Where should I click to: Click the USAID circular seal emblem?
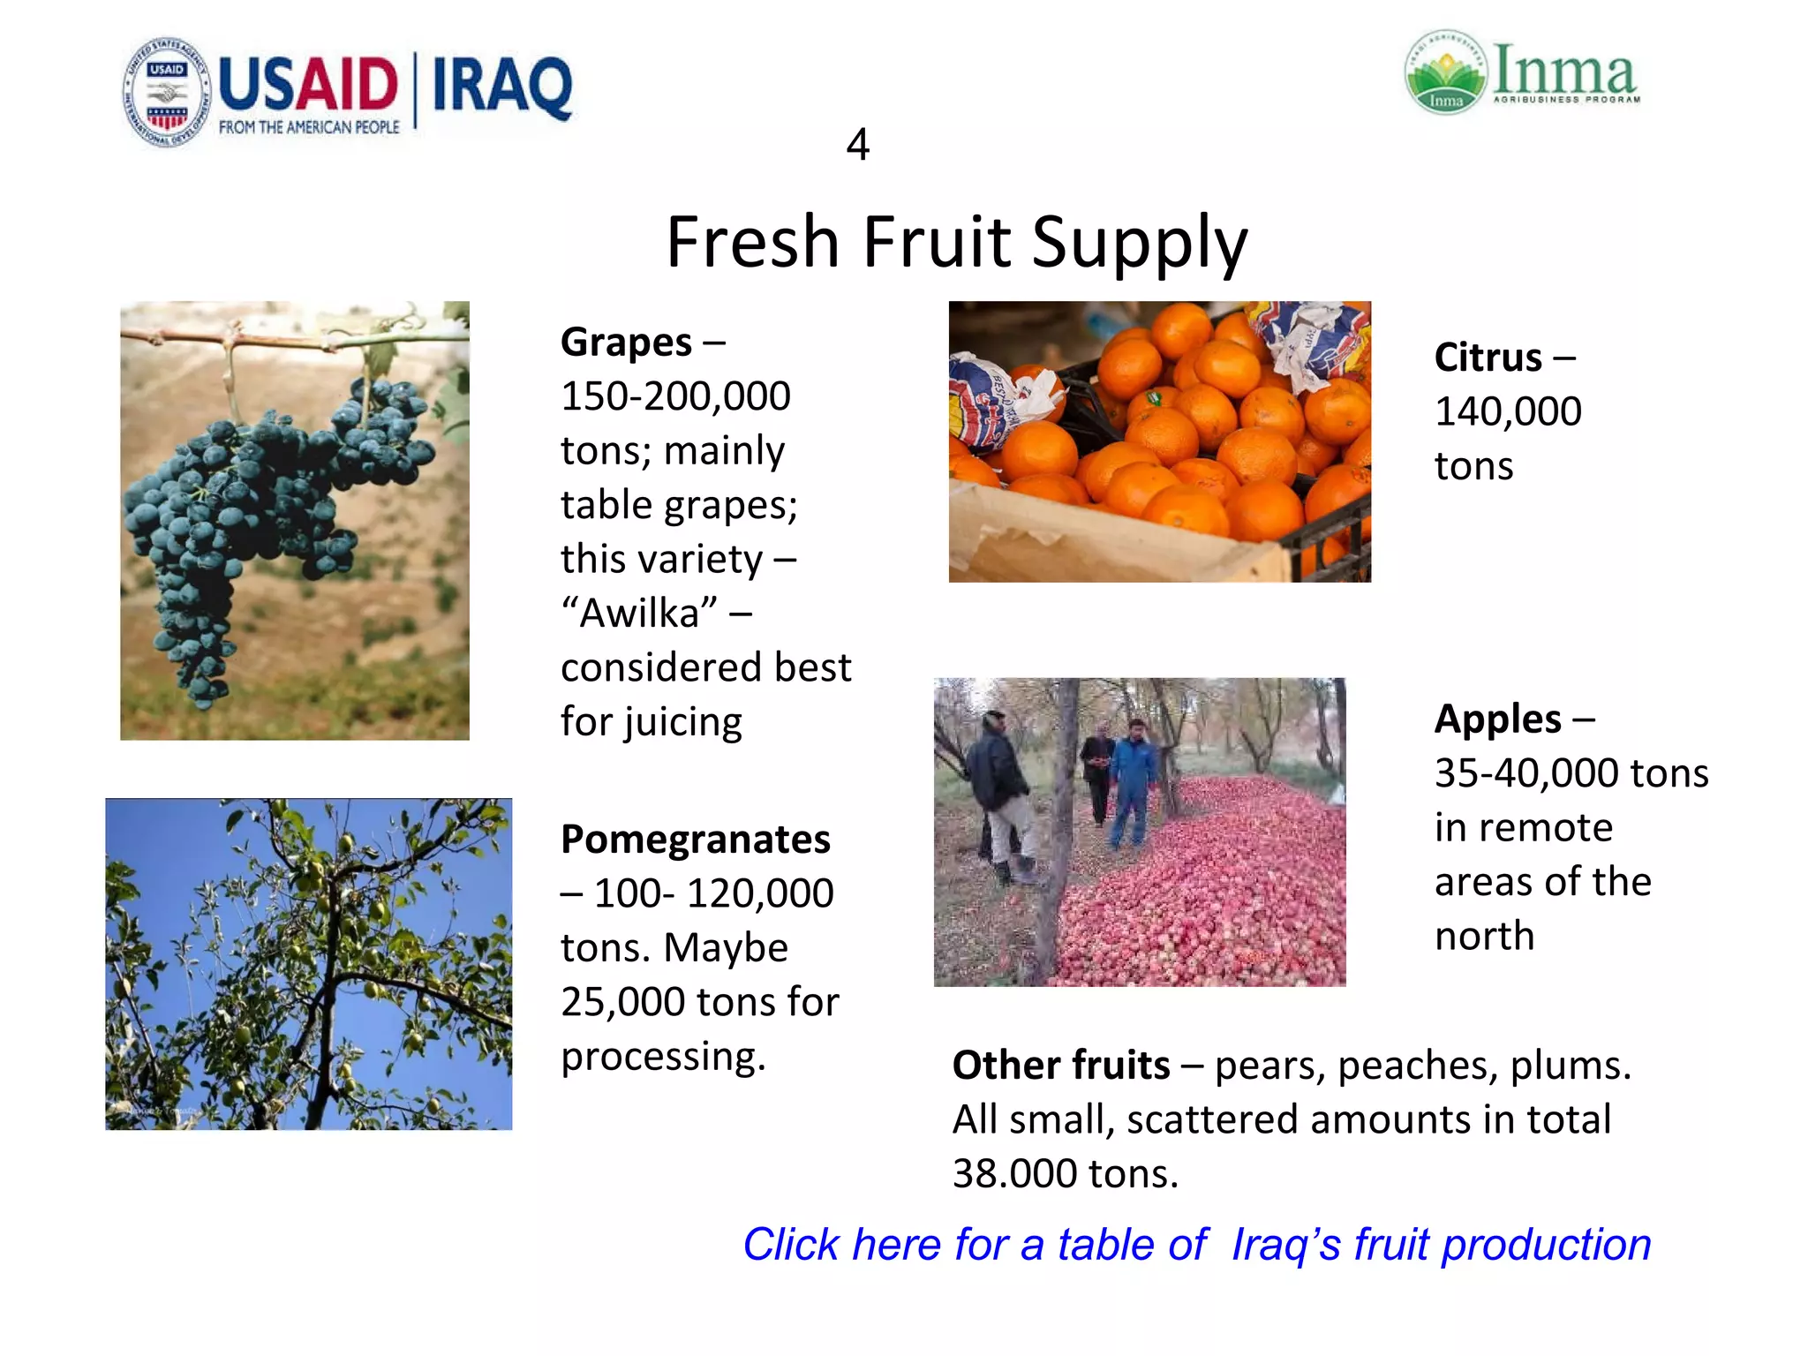(x=167, y=92)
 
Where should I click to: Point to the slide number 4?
(x=857, y=145)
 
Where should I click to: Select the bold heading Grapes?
(x=626, y=343)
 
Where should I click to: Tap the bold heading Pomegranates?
(x=696, y=839)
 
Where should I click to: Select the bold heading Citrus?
(x=1488, y=358)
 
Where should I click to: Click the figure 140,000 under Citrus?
(x=1508, y=411)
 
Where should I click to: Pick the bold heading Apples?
(x=1497, y=719)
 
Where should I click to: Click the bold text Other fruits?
(x=1061, y=1065)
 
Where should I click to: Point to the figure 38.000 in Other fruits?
(x=1015, y=1174)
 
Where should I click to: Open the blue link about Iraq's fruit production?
(x=1196, y=1245)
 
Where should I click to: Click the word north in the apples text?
(x=1484, y=936)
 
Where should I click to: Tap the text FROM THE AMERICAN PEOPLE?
(x=309, y=127)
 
